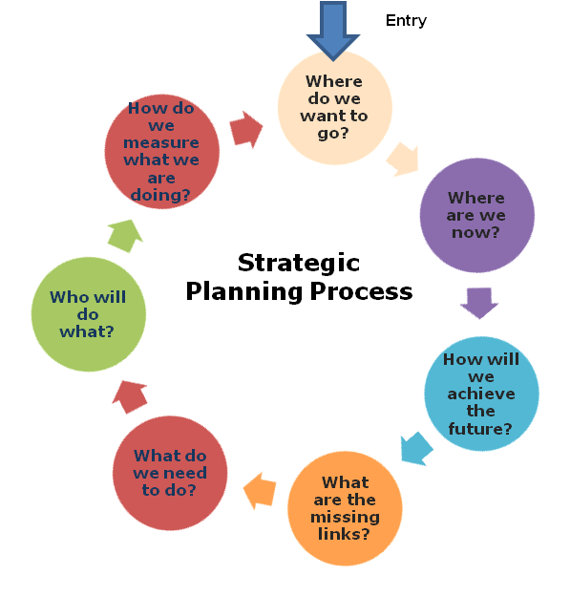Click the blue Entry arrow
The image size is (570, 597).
point(333,31)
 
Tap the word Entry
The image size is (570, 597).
point(406,21)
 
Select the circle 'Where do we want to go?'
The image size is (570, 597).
point(334,108)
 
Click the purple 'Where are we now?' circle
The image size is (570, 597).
point(476,215)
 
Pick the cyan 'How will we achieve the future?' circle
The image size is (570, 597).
point(481,394)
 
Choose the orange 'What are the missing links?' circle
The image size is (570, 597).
point(345,508)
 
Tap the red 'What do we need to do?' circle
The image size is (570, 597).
point(170,473)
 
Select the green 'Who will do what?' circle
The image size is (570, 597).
point(88,314)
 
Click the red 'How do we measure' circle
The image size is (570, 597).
point(161,152)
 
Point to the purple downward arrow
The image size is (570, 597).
point(479,303)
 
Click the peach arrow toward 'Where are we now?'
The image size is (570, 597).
point(403,160)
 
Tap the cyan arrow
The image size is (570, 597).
point(416,449)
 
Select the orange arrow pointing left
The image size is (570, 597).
point(260,491)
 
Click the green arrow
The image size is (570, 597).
point(125,236)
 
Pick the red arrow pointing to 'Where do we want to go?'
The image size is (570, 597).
point(246,130)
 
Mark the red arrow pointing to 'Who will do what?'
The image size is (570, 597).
point(130,396)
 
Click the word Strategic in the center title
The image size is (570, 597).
point(299,263)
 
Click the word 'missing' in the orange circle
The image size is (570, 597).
point(345,517)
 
